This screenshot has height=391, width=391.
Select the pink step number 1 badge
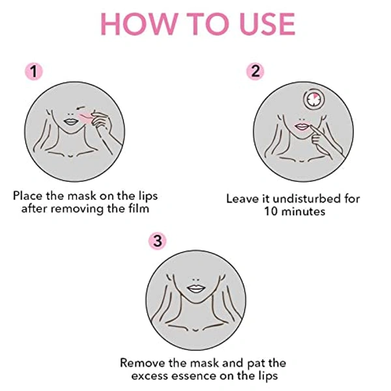[32, 71]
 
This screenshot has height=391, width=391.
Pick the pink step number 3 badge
[157, 240]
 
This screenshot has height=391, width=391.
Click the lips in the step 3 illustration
[196, 287]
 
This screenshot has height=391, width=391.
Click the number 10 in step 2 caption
[273, 212]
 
